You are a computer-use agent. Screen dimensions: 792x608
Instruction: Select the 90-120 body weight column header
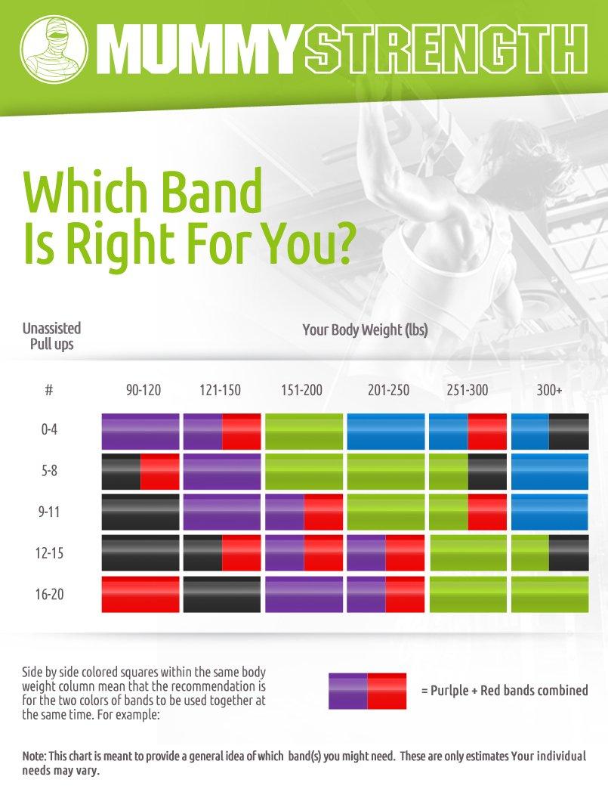pos(144,391)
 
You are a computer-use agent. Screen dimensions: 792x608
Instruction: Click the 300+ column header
pos(549,391)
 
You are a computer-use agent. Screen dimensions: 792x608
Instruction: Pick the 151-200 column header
pos(301,391)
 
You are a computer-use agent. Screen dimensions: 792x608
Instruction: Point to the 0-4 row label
pos(49,429)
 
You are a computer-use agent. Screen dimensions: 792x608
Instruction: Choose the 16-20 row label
pos(49,594)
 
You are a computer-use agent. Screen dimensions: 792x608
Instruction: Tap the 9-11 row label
pos(49,512)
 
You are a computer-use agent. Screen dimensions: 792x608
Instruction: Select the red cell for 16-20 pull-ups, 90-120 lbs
pos(140,595)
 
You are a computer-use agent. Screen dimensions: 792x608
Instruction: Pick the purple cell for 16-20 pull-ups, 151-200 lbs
pos(304,595)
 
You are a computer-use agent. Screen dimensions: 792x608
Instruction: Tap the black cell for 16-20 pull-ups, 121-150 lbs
pos(222,595)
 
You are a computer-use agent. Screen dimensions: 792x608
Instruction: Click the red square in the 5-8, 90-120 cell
pos(160,472)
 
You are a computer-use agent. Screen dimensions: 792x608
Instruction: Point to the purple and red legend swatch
pos(367,691)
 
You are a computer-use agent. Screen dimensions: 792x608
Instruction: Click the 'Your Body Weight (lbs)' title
pos(366,329)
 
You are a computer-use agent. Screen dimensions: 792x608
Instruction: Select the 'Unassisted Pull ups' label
pos(51,336)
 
